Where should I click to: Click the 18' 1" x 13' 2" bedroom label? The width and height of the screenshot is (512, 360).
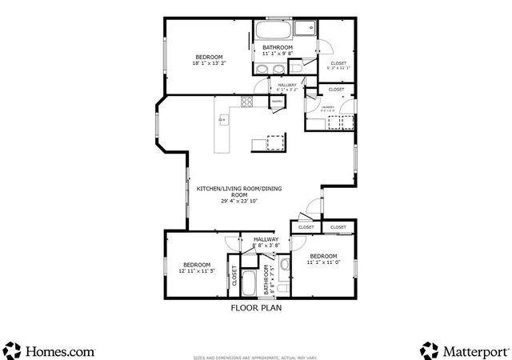(209, 60)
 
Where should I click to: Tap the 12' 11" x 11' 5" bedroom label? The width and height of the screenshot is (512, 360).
(196, 268)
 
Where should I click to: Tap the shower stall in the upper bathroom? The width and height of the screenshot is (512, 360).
(304, 29)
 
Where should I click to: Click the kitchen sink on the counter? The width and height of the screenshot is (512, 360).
(223, 121)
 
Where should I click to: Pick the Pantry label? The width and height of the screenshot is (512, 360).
(276, 102)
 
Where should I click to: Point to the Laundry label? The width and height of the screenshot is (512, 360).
(328, 106)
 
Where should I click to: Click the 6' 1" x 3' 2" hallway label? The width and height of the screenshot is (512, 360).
(287, 87)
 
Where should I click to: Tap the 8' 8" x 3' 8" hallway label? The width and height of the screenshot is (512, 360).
(266, 242)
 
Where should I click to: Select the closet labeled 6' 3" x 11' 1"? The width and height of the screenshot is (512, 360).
(336, 66)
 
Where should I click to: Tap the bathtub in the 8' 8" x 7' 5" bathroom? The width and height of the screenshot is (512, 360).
(250, 282)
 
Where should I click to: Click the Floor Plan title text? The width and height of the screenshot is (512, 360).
(256, 307)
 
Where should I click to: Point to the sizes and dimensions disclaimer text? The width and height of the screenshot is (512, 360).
(256, 357)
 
